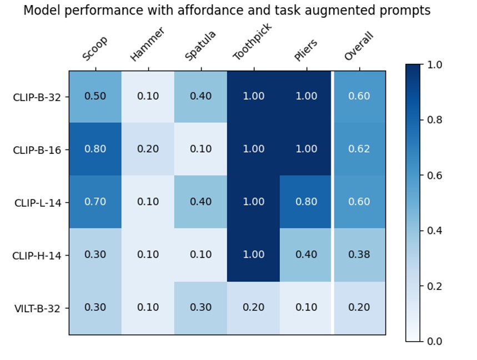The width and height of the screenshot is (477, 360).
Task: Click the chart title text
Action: pos(227,11)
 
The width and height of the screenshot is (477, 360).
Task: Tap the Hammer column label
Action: pos(147,45)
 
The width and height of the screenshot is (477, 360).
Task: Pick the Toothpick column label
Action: pos(252,43)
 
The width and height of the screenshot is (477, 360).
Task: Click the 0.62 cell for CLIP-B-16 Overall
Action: pos(359,149)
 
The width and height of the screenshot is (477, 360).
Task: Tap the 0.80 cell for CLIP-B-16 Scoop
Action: pos(95,149)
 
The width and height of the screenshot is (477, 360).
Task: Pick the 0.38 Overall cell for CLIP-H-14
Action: pos(359,255)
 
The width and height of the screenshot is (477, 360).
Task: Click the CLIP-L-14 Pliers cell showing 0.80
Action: pos(306,202)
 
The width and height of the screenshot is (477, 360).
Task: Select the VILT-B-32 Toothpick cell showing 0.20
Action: pos(253,308)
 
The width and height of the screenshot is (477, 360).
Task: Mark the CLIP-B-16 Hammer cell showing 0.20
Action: pos(148,149)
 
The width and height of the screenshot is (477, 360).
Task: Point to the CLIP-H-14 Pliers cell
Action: pos(306,255)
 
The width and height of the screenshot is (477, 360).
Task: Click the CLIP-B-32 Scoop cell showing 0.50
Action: pos(95,97)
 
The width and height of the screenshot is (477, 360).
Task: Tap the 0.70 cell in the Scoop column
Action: pos(95,202)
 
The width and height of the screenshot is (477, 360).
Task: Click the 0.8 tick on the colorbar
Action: pos(435,120)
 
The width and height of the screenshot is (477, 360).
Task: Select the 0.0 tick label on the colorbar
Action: pos(435,341)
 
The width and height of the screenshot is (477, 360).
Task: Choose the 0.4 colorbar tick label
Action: pos(435,231)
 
